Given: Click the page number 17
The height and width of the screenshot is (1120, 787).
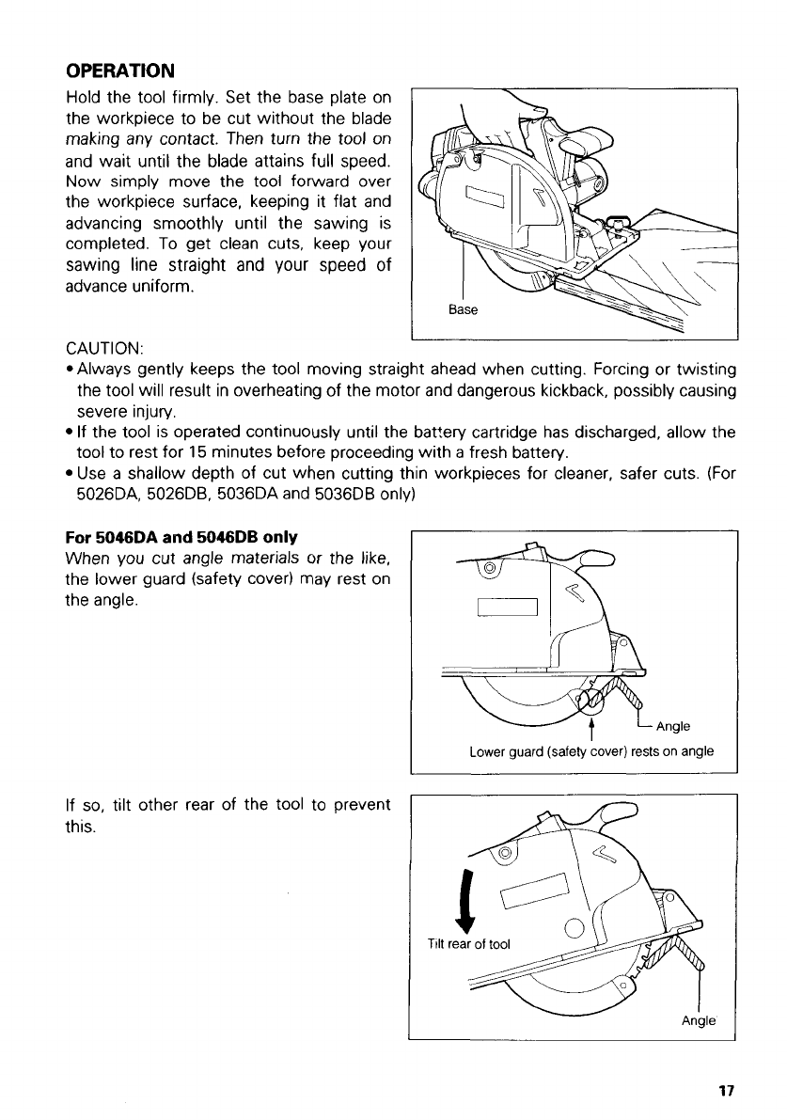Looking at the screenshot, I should pos(725,1092).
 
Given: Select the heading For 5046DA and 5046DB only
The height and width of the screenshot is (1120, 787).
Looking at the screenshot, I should pos(181,537).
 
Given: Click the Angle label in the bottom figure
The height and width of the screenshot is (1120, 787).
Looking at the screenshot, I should pos(699,1020).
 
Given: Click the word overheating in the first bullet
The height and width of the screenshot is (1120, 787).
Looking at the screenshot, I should pos(240,390).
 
